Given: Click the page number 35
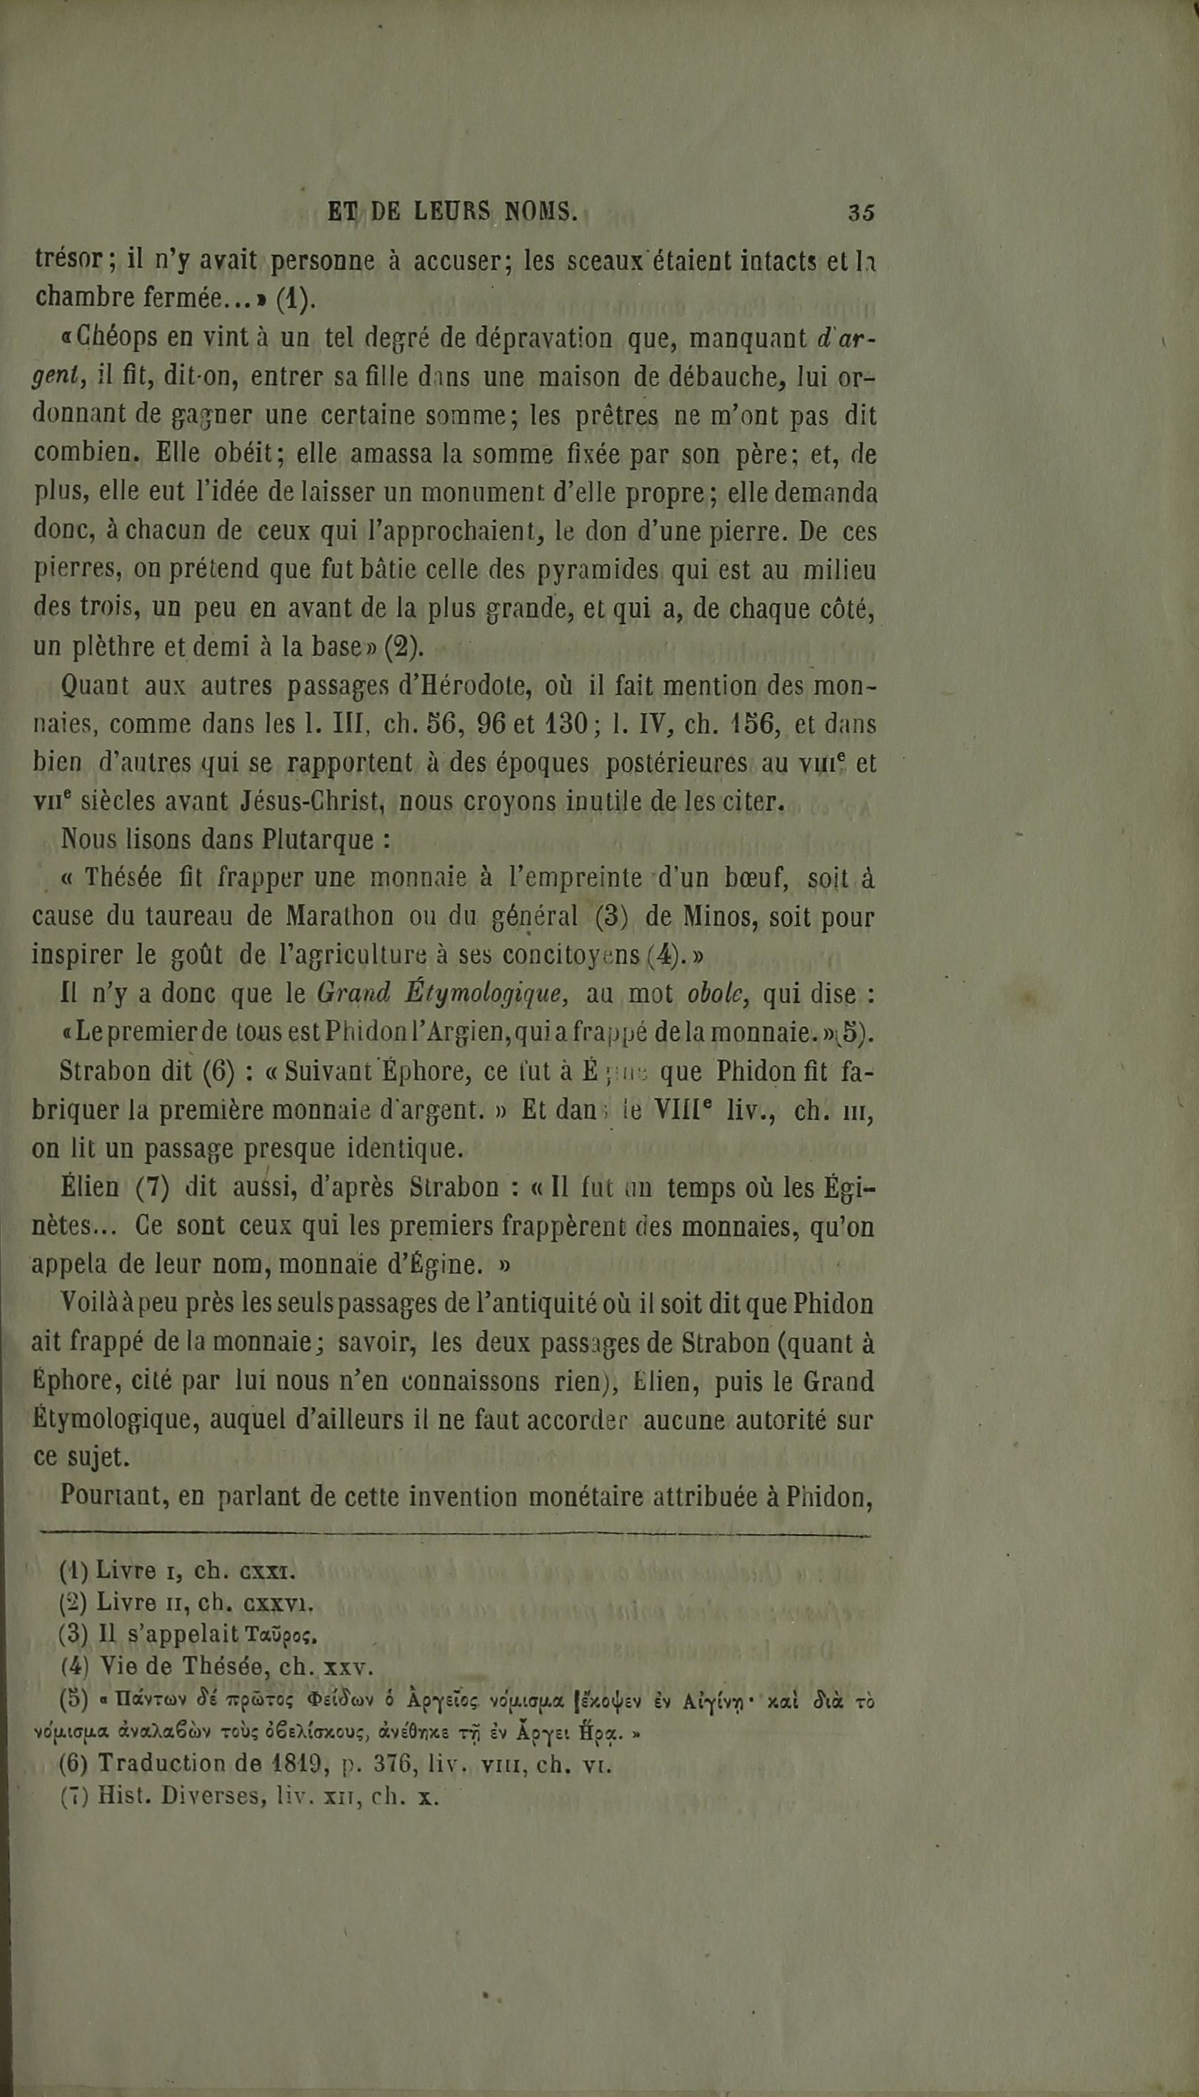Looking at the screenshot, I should (861, 212).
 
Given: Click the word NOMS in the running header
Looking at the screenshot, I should (540, 212).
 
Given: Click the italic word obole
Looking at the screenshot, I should (715, 994).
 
